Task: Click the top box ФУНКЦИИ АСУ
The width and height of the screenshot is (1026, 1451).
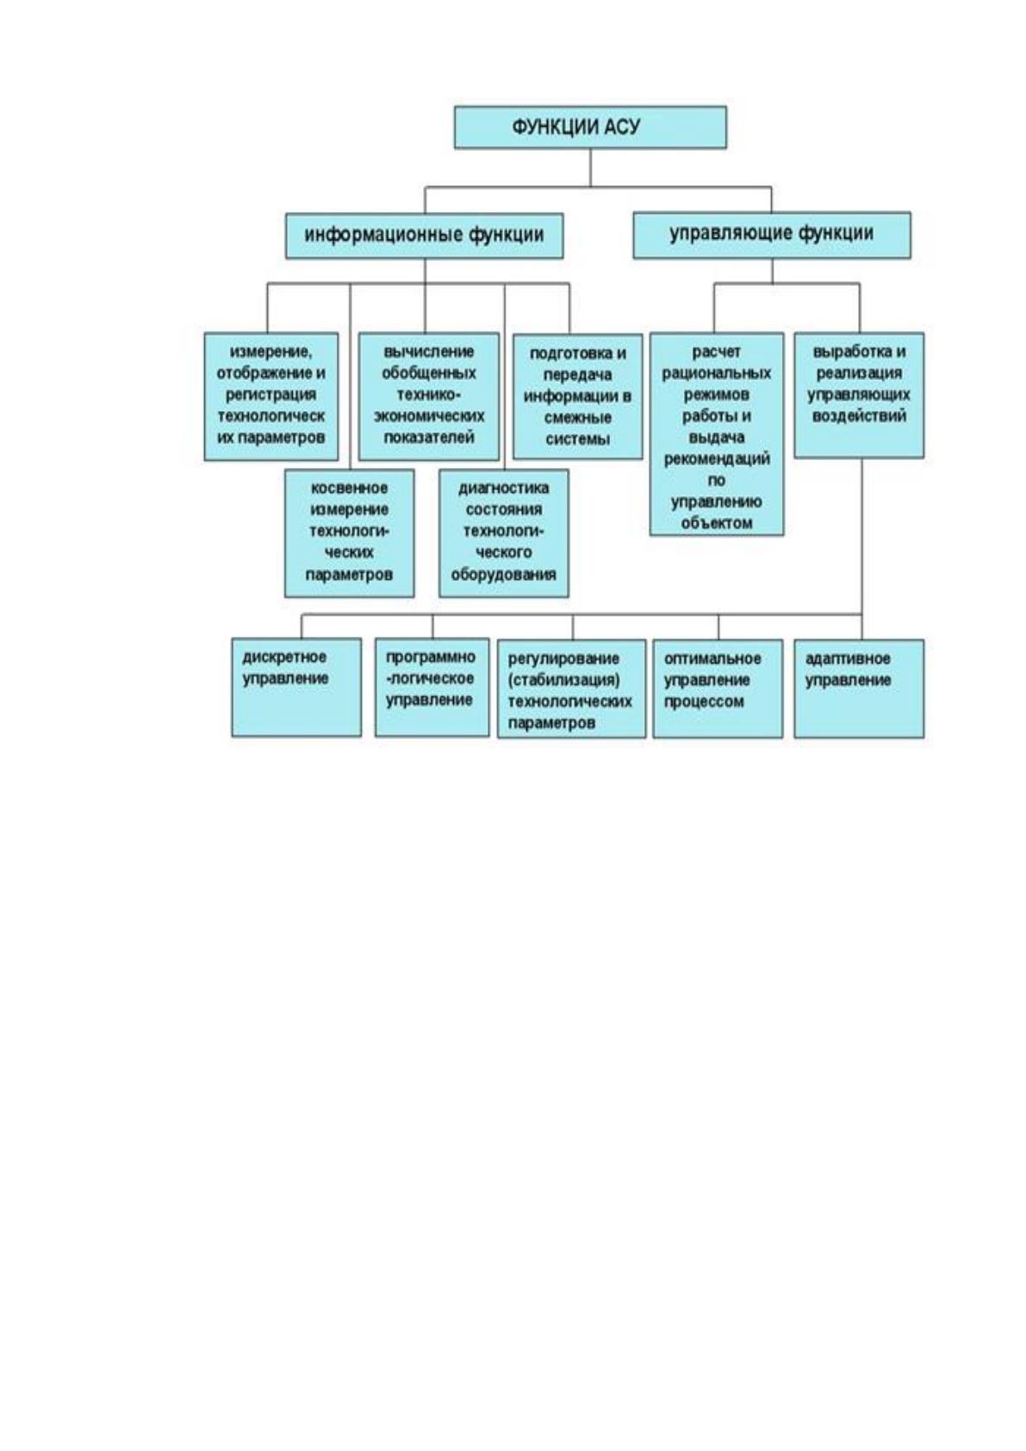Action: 589,128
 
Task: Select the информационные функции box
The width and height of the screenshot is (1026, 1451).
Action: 424,236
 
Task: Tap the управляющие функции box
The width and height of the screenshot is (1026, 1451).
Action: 772,235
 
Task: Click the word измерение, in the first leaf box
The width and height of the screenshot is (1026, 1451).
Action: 270,352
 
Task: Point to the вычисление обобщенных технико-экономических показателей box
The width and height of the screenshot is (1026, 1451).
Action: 429,396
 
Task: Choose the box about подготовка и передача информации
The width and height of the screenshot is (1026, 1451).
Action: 578,396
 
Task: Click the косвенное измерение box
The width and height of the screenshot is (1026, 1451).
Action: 349,533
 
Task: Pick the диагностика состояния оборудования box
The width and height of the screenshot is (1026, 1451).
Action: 503,533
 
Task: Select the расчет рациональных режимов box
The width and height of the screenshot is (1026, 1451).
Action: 717,434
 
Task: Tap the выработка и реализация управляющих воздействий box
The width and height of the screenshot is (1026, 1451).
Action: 859,395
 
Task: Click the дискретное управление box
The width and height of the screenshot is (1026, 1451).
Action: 296,688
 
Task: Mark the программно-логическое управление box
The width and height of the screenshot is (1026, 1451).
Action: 432,688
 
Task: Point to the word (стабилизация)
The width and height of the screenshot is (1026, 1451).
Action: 564,681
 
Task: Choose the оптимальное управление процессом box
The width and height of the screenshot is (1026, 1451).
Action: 718,688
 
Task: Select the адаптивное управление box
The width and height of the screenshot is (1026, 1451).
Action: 859,688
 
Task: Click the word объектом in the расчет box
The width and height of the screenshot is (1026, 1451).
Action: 717,523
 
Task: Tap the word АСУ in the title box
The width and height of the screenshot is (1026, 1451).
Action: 622,127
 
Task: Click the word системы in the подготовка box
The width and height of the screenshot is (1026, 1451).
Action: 578,439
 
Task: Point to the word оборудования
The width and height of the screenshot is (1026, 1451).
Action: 503,575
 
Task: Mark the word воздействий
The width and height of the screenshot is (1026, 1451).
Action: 859,416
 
